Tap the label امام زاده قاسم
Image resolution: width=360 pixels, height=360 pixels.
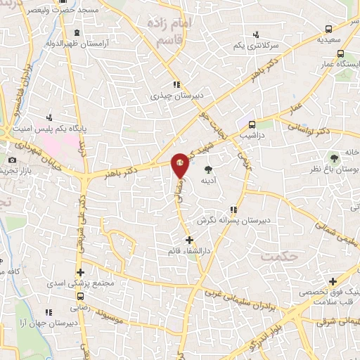click(x=168, y=30)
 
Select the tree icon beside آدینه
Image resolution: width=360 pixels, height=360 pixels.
click(x=208, y=169)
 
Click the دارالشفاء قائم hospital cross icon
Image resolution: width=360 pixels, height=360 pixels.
click(x=188, y=240)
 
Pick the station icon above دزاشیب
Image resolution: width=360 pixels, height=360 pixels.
click(x=252, y=124)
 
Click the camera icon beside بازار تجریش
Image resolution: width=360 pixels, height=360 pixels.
click(x=12, y=161)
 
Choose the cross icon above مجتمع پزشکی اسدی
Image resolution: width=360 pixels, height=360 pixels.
click(x=81, y=273)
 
